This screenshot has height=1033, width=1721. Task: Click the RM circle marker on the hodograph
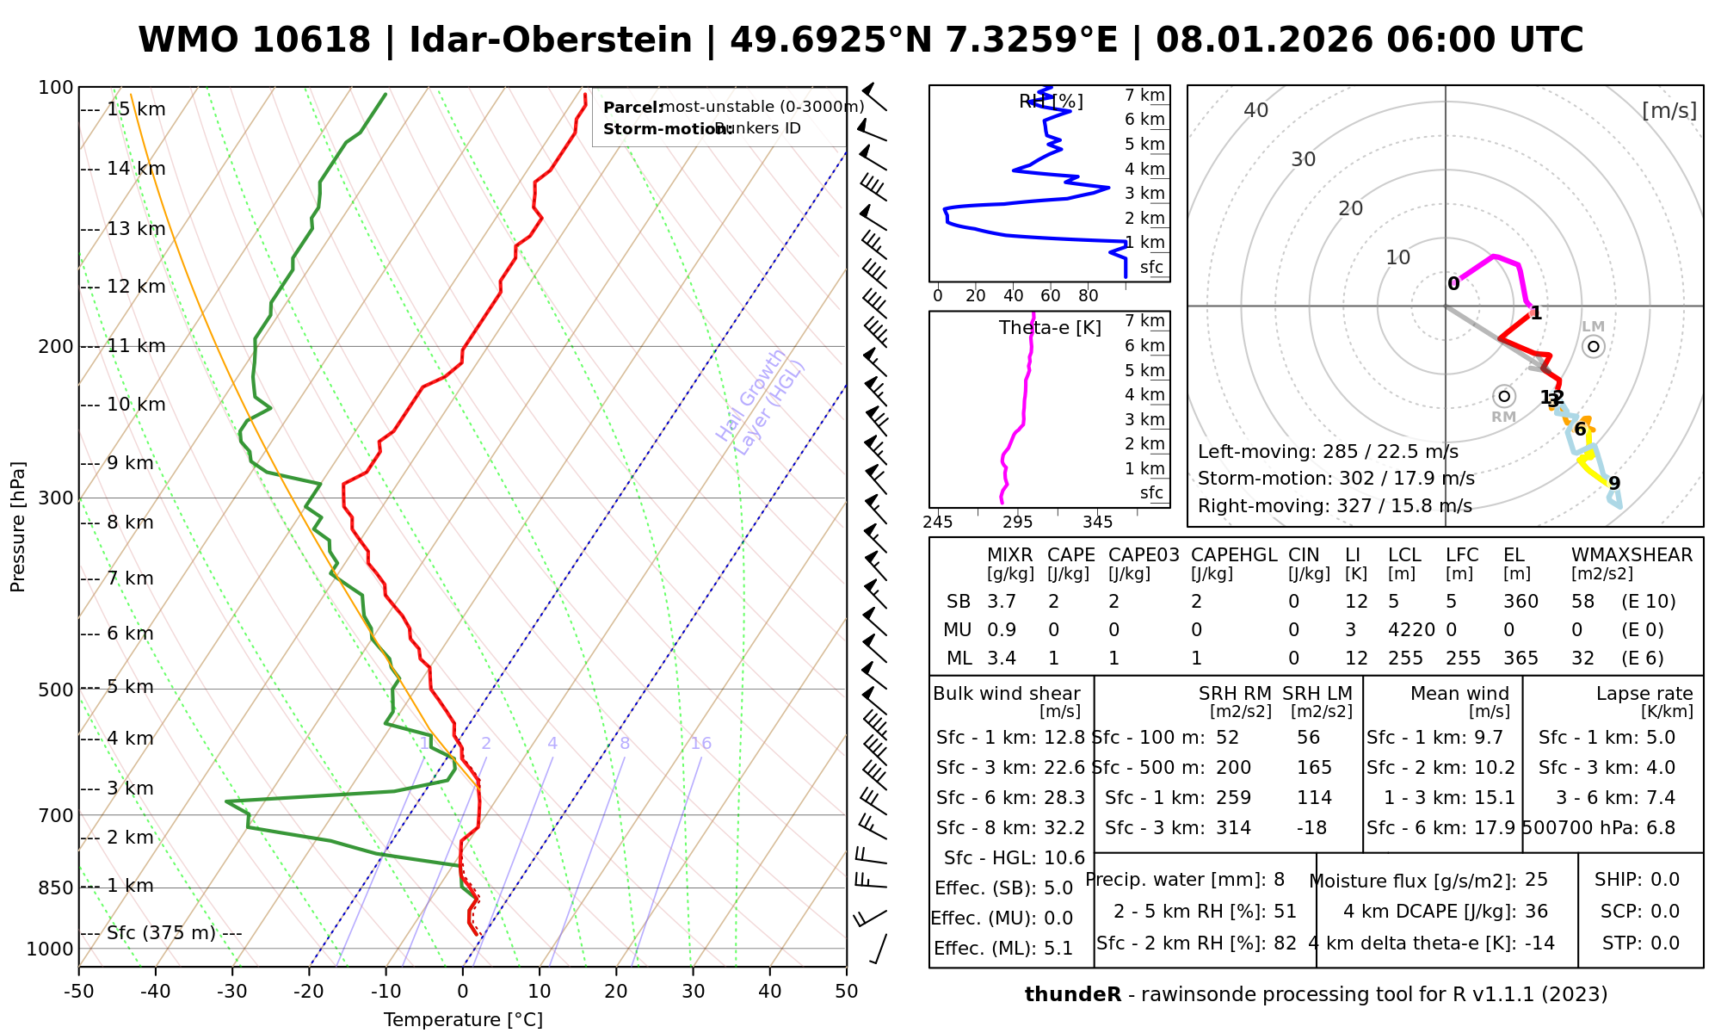(1504, 396)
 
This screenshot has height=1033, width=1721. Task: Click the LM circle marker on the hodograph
(1594, 346)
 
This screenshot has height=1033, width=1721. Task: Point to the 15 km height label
(136, 109)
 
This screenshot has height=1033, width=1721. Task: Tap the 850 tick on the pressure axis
(57, 887)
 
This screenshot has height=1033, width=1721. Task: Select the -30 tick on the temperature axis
(232, 992)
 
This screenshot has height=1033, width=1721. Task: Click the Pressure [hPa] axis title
(18, 527)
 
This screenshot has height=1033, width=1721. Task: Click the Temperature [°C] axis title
(463, 1020)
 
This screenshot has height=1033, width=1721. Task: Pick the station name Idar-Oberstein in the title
(551, 40)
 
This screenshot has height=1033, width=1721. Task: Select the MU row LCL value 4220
(1411, 630)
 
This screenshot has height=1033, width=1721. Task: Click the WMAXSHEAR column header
(1632, 555)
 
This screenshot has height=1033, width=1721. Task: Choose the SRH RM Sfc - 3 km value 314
(1234, 828)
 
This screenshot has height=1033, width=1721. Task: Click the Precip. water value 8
(1279, 880)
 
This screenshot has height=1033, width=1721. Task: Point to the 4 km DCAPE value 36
(1536, 912)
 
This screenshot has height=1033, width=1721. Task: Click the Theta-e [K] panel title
(1050, 328)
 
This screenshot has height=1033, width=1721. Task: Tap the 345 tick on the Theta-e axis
(1097, 523)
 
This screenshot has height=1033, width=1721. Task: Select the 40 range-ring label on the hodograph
(1256, 110)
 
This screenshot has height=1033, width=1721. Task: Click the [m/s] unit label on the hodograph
(1669, 110)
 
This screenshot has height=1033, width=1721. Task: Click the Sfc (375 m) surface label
(161, 933)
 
